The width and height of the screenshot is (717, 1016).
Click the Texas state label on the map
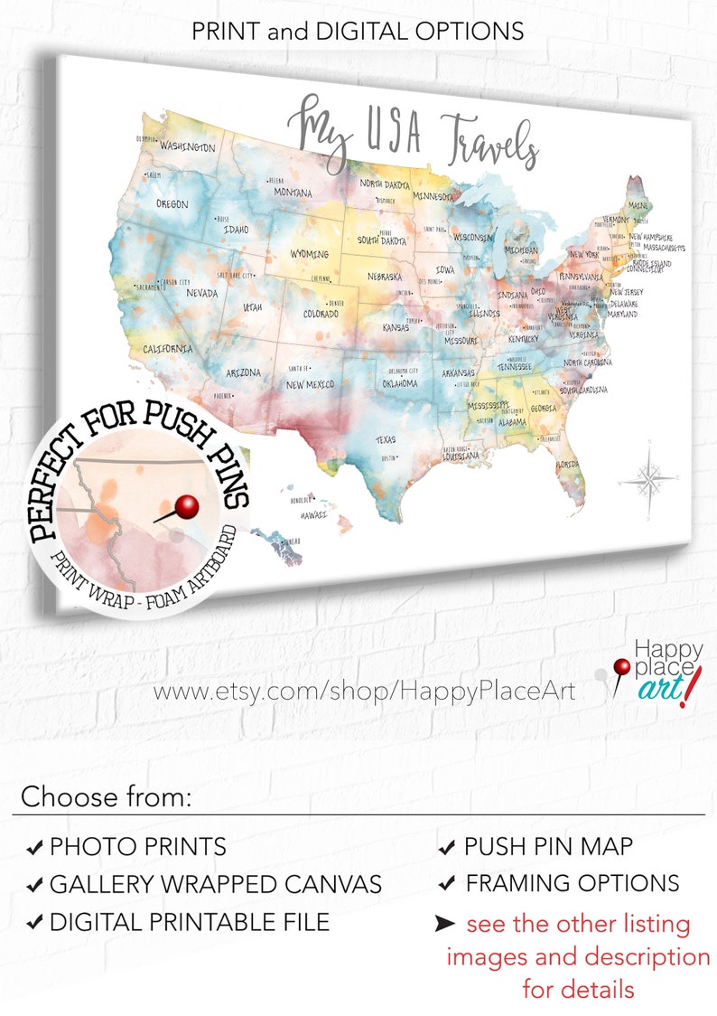pos(386,440)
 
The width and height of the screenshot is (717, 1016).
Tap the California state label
pos(167,348)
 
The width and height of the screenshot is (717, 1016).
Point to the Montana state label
pos(293,193)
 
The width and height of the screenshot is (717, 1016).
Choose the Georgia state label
pos(544,408)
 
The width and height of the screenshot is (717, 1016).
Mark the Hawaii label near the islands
pos(313,515)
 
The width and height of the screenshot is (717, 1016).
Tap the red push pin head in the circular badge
pos(187,507)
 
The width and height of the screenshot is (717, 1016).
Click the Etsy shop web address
pos(364,691)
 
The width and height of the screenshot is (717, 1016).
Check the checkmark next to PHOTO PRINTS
pos(35,848)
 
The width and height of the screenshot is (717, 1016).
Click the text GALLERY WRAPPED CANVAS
pos(216,884)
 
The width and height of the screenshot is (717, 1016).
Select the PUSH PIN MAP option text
pos(548,847)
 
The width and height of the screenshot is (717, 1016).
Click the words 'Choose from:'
pos(107,797)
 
